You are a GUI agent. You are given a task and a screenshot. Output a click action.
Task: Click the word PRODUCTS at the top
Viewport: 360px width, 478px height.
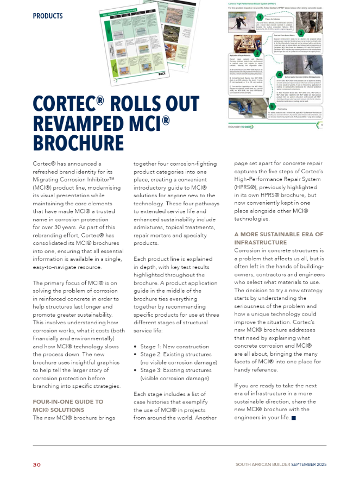coord(48,16)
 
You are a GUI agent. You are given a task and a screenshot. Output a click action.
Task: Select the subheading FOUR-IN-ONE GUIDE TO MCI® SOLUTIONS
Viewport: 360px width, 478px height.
coord(68,406)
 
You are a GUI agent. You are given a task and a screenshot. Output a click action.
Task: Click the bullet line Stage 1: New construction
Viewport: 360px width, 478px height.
coord(168,346)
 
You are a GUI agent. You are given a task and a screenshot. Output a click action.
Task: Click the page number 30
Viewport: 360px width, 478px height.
coord(37,465)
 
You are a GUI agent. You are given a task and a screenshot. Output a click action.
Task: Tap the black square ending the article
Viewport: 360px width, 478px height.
coord(294,418)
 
